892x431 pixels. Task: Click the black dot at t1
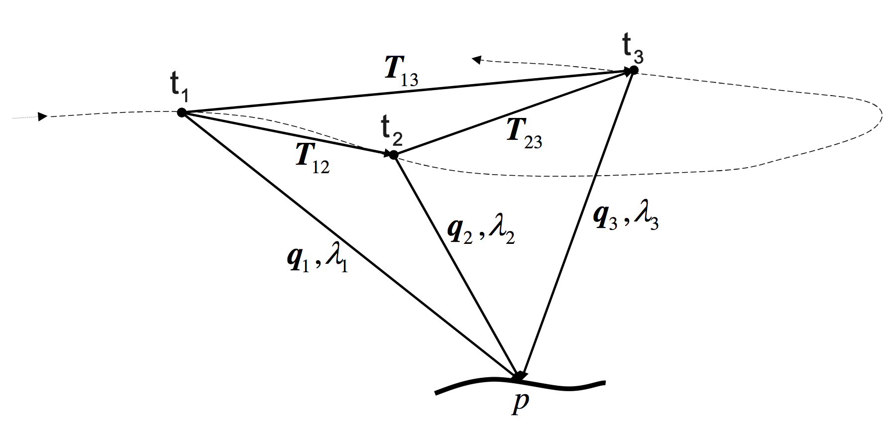[x=182, y=112]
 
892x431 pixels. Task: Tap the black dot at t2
[x=393, y=155]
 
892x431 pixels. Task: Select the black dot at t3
[x=633, y=70]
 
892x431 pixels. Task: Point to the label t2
[x=391, y=130]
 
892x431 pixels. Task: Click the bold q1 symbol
[x=299, y=259]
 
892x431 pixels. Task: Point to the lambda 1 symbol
[x=336, y=259]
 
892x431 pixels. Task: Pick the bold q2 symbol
[x=460, y=230]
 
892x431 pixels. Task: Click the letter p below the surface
[x=520, y=403]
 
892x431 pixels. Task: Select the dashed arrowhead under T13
[x=476, y=60]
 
